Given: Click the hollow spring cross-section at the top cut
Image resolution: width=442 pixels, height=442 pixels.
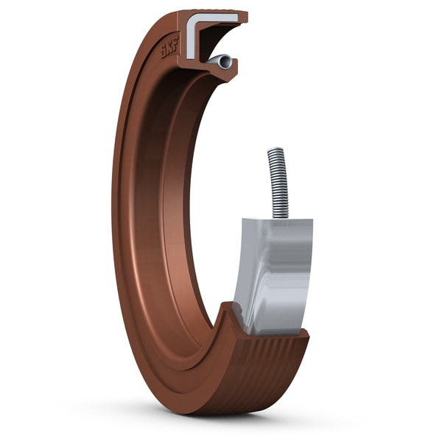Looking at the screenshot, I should [x=222, y=62].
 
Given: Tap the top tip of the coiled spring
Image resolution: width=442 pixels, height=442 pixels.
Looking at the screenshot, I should [x=274, y=151].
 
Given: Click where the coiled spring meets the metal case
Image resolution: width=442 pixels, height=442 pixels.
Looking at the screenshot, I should [x=278, y=215].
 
